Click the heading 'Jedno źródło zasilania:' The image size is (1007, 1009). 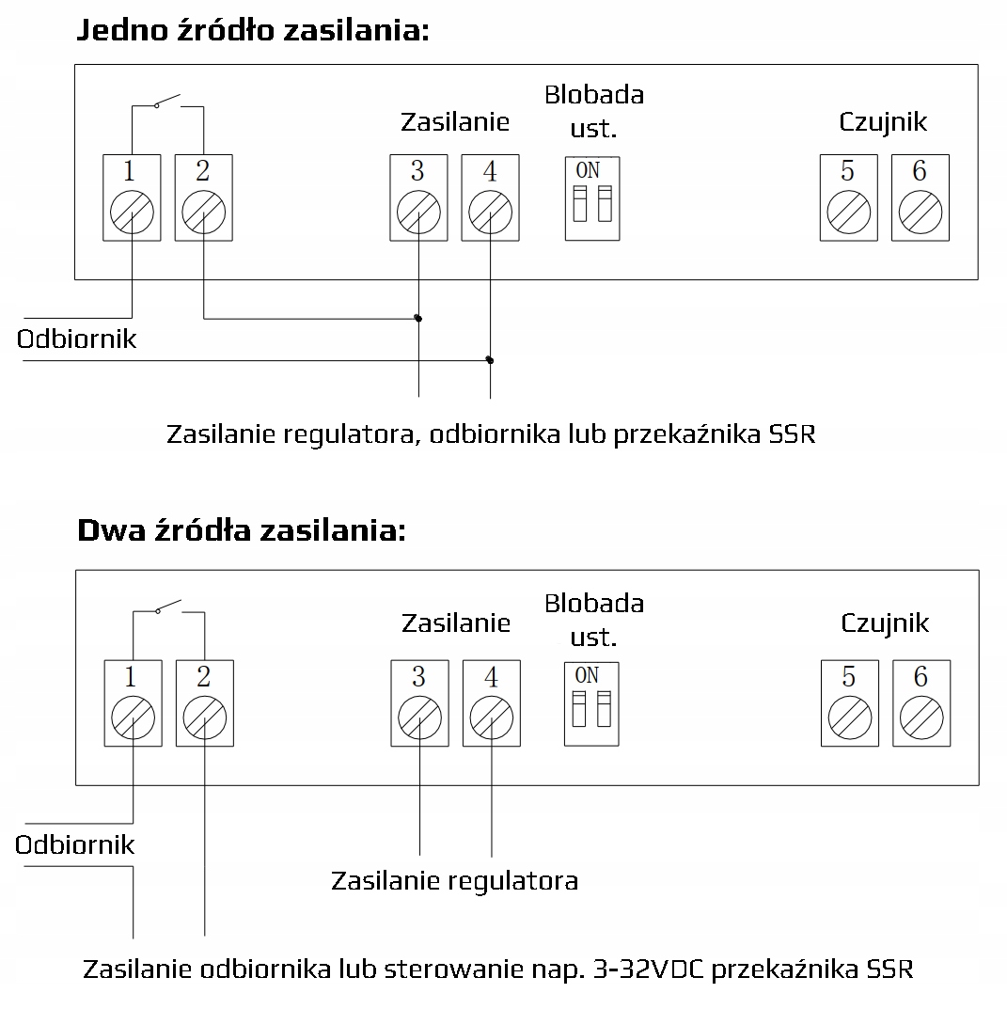click(x=251, y=30)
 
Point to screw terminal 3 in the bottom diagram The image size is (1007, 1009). click(x=419, y=720)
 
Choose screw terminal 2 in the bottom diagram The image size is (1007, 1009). click(x=204, y=720)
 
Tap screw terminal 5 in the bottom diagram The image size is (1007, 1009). click(x=849, y=720)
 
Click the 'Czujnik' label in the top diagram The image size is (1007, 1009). click(x=883, y=121)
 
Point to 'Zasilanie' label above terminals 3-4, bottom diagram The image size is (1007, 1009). click(x=456, y=623)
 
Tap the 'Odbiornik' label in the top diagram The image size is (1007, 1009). click(x=76, y=339)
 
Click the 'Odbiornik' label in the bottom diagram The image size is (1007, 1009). click(x=75, y=844)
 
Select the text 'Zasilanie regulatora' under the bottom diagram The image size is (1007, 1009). click(x=454, y=881)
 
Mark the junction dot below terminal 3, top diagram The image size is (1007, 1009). click(x=418, y=319)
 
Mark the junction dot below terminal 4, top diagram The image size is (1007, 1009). click(x=490, y=360)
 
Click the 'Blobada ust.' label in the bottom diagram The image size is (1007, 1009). click(x=594, y=620)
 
